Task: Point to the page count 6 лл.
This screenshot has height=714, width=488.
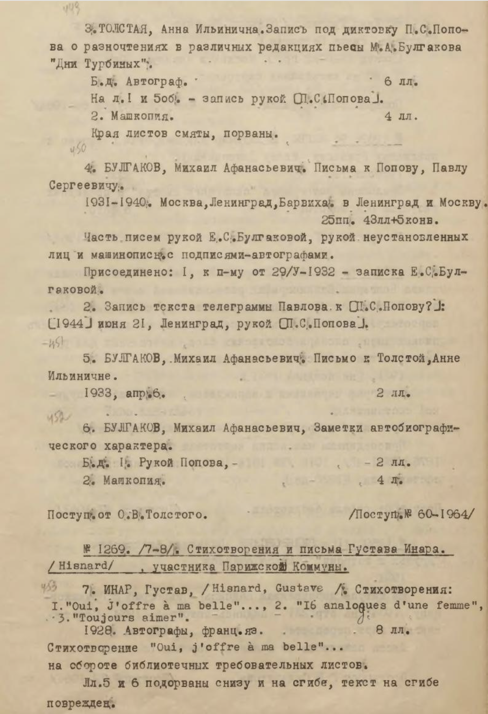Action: coord(400,82)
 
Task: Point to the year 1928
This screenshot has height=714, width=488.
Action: coord(98,631)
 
